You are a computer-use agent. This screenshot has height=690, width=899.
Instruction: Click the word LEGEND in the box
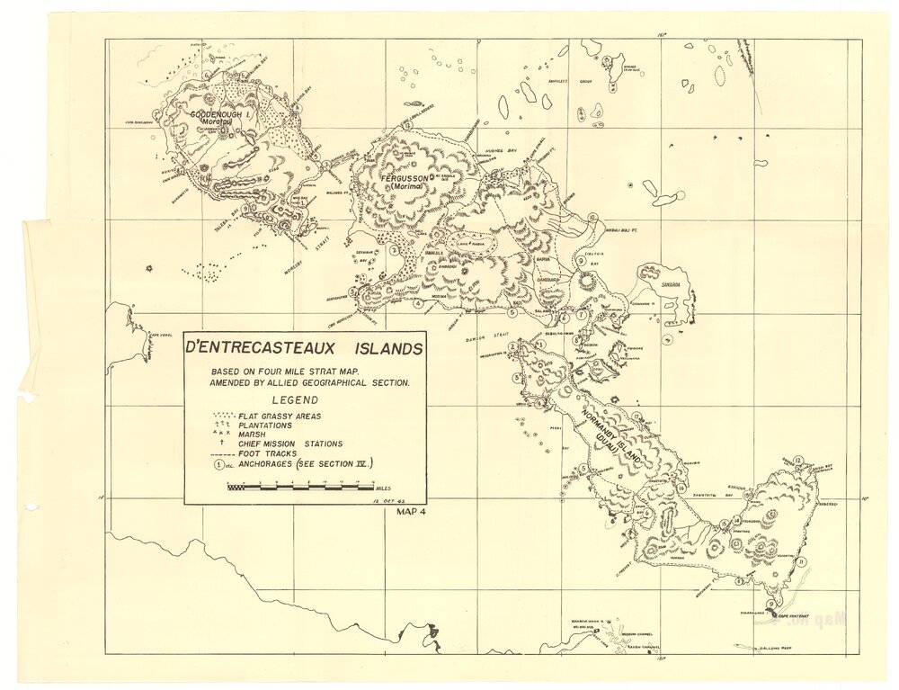(305, 399)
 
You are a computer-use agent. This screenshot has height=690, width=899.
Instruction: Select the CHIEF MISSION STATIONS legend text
(289, 444)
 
